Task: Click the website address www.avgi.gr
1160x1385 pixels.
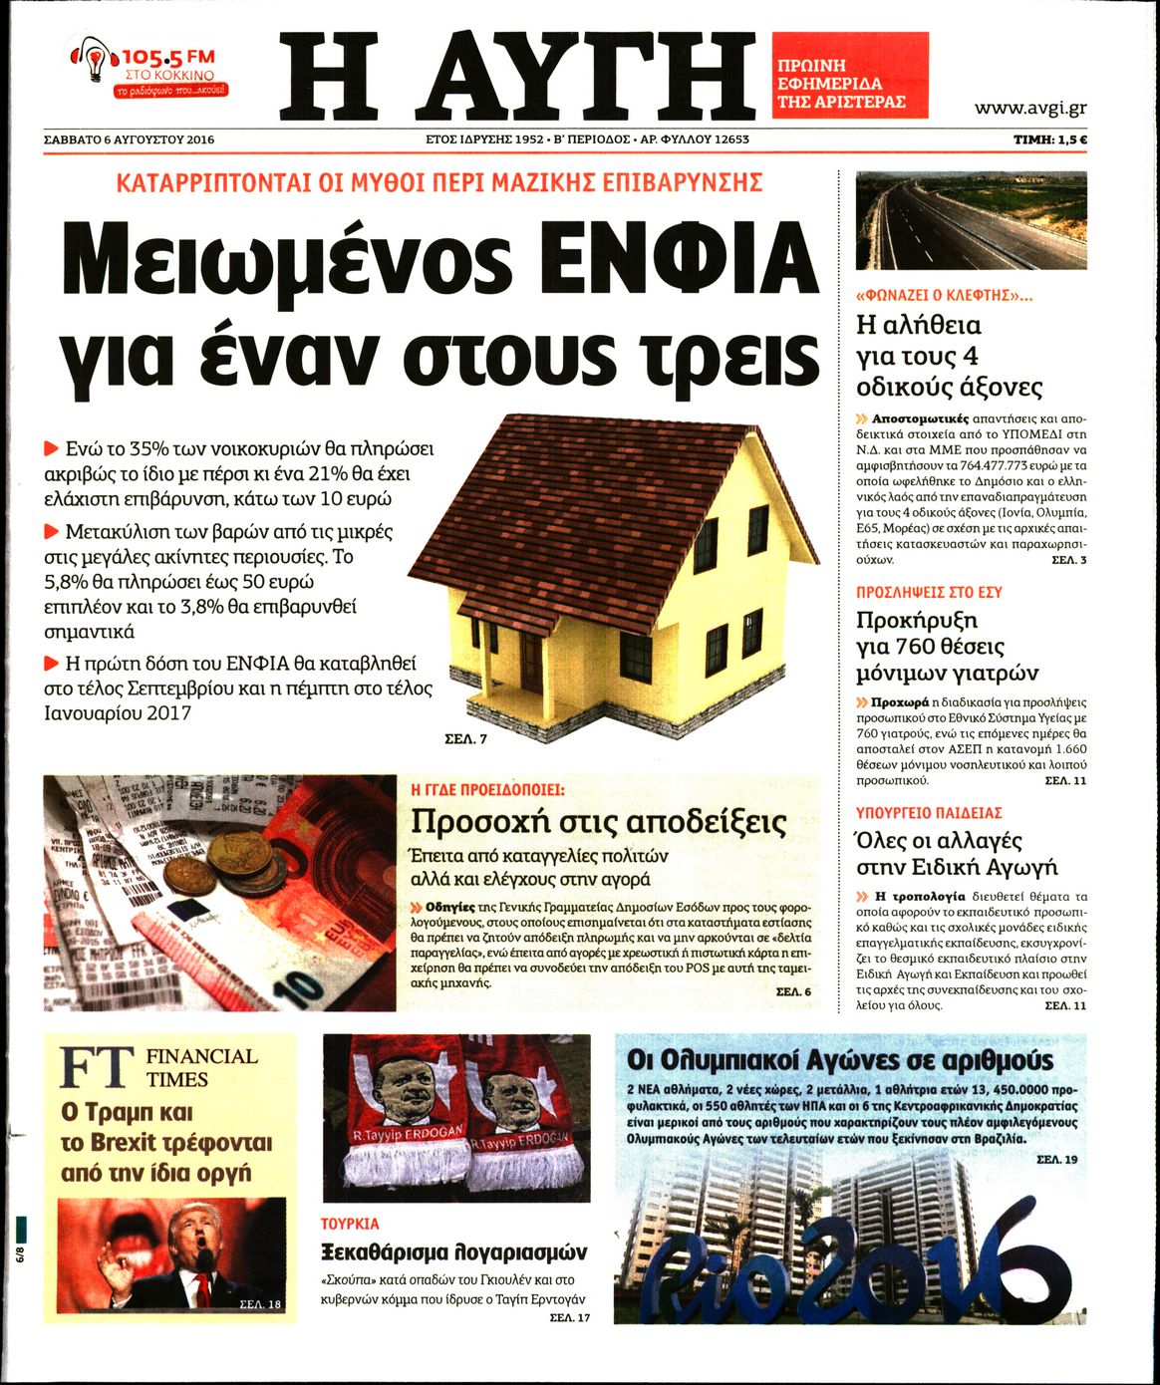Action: pos(1030,109)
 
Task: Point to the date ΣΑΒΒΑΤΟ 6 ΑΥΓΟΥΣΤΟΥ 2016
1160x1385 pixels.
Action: pos(130,139)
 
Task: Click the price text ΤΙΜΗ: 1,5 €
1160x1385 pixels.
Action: pos(1049,139)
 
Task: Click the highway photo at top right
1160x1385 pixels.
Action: pos(971,219)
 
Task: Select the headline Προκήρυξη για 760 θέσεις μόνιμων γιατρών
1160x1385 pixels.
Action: pos(947,646)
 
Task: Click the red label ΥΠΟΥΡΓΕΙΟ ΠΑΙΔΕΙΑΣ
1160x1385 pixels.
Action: pos(929,813)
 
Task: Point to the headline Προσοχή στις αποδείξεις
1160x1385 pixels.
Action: pos(598,822)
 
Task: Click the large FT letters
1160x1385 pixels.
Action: pos(96,1067)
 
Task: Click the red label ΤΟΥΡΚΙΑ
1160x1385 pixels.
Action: pos(350,1224)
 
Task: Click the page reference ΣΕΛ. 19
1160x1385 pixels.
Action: pos(1056,1160)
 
